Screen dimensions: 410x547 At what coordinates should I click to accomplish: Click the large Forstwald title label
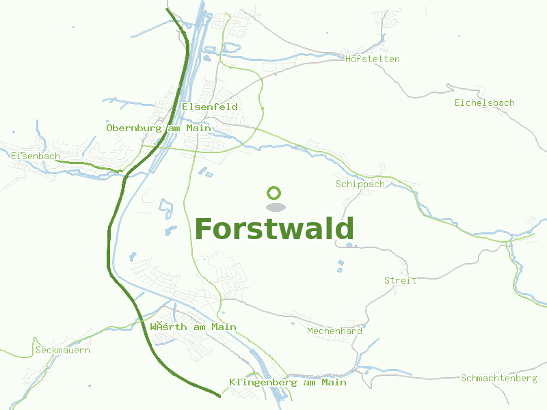point(274,229)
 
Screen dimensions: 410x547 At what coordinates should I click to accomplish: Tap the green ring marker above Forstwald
point(274,193)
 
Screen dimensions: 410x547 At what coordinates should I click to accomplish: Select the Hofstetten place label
point(372,59)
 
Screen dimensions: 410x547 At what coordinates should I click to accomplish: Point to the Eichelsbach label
point(484,103)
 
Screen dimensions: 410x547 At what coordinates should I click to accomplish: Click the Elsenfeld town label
point(210,107)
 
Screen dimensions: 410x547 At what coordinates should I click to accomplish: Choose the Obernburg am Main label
point(159,128)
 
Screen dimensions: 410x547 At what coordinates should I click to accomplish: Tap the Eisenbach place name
point(36,156)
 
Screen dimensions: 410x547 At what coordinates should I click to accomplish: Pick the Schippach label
point(360,184)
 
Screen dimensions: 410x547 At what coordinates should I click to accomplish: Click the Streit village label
point(400,281)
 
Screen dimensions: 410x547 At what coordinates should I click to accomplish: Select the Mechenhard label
point(334,331)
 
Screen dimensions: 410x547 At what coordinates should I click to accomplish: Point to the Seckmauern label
point(62,351)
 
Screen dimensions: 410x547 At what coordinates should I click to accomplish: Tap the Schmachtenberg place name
point(498,379)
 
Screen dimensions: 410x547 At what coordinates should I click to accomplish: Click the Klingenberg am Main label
point(288,383)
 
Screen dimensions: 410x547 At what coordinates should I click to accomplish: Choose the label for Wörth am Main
point(193,327)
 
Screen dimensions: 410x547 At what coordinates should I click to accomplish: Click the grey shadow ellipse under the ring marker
point(275,207)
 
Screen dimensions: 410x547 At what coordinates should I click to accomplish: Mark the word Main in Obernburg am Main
point(198,128)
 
